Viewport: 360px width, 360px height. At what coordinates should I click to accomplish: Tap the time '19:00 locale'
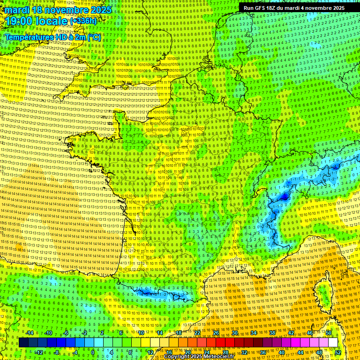coord(37,21)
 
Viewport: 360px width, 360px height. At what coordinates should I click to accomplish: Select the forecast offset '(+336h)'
coord(83,21)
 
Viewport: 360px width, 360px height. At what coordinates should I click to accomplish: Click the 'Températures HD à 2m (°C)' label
coord(52,37)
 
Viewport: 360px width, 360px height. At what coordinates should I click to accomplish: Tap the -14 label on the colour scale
coord(30,333)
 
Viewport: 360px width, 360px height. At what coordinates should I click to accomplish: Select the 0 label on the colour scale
coord(93,352)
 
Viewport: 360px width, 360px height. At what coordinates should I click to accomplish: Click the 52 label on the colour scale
coord(337,352)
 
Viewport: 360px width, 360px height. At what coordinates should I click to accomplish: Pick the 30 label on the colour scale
coord(234,333)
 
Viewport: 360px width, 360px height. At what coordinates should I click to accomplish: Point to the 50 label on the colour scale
coord(329,333)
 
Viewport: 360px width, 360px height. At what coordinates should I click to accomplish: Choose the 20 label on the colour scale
coord(187,352)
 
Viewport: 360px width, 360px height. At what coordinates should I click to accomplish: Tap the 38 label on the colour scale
coord(272,333)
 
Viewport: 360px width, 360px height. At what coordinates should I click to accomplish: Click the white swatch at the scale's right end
coord(333,343)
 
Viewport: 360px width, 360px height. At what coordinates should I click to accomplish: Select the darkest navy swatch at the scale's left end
coord(23,343)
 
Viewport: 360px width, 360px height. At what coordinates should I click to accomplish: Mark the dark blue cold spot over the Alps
coord(284,197)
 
